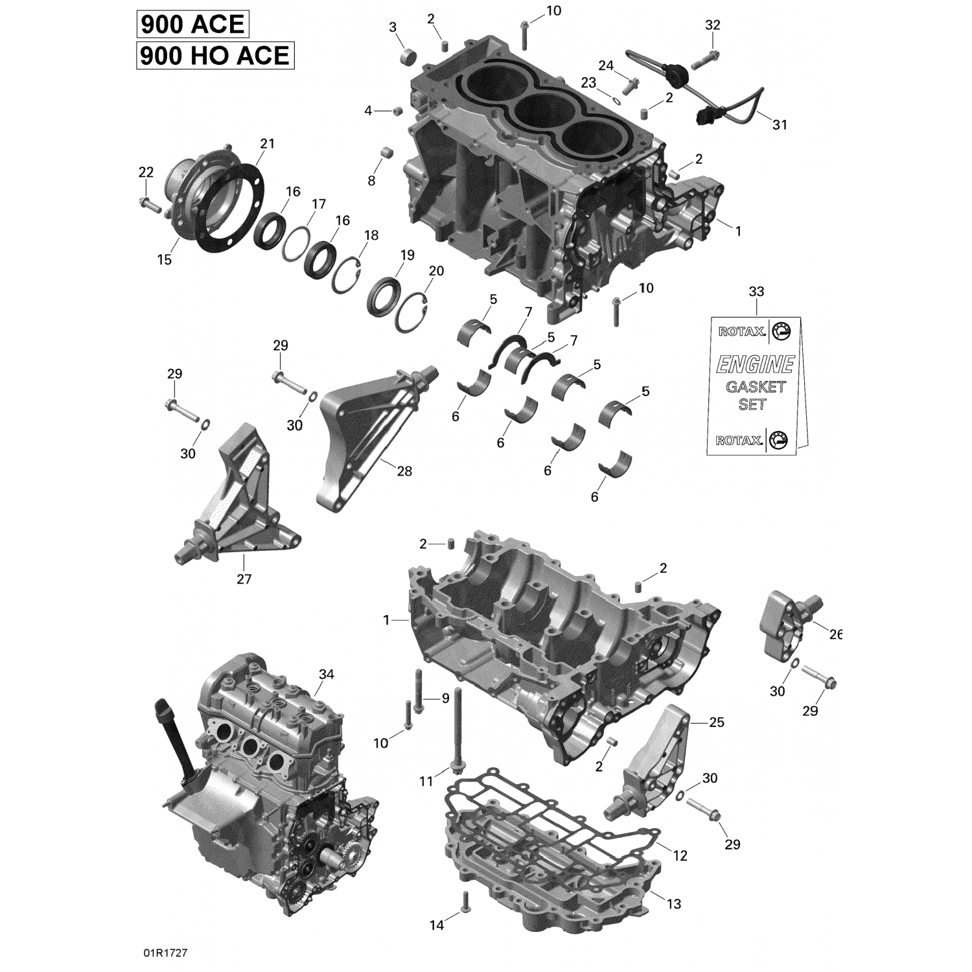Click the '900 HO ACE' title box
pos(215,56)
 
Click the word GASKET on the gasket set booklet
pos(756,387)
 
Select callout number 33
pos(756,292)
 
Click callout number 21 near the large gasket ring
pos(267,144)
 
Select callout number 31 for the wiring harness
pos(780,124)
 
